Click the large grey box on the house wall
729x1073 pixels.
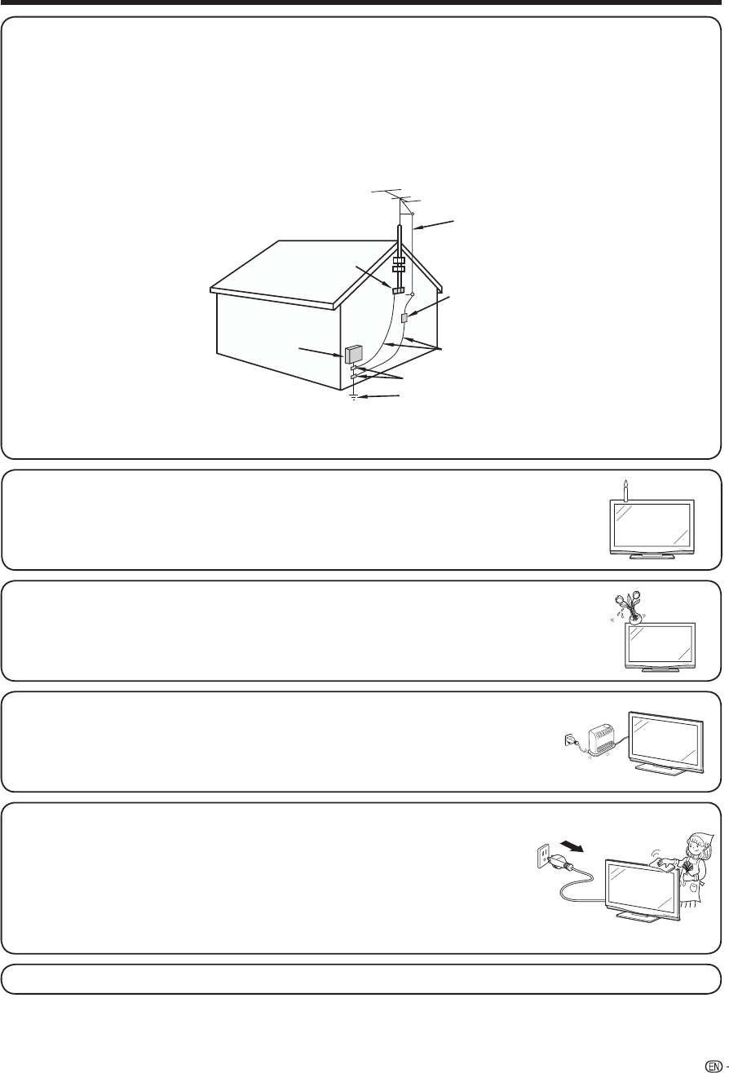point(353,355)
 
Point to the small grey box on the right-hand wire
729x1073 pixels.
point(404,317)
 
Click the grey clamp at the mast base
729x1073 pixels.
point(399,289)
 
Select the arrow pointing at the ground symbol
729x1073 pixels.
point(382,396)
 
